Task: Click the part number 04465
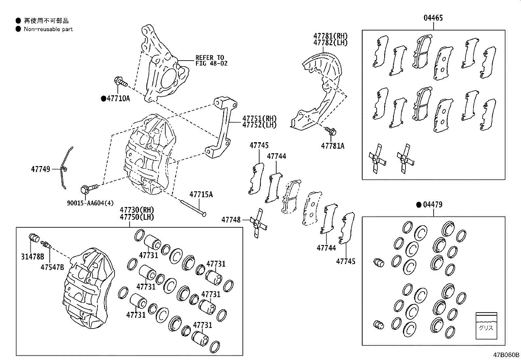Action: click(433, 18)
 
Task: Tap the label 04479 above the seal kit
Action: click(433, 205)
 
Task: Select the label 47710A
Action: click(118, 98)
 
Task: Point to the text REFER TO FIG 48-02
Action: click(211, 61)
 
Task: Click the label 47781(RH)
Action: click(330, 36)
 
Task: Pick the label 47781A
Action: click(332, 146)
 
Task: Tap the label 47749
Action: click(41, 169)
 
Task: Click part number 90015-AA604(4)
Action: click(90, 203)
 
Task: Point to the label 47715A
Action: click(201, 195)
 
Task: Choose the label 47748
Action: click(231, 220)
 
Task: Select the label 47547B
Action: click(52, 267)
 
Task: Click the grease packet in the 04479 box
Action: click(486, 326)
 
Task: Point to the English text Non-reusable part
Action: click(48, 29)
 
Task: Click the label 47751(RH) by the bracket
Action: click(259, 118)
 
